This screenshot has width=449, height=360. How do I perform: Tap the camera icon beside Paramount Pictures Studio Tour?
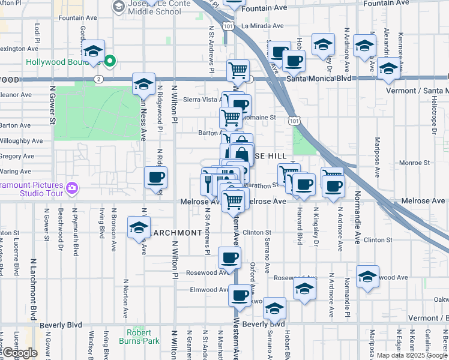tap(72, 188)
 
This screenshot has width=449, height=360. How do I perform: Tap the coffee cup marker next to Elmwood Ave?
tap(240, 296)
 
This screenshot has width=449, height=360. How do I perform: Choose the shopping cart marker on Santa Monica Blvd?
tap(238, 71)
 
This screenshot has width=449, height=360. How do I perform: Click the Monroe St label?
tap(411, 163)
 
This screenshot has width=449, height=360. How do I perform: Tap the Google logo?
tap(20, 353)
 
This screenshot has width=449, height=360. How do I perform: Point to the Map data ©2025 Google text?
tap(411, 355)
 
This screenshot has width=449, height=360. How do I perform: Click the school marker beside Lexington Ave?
tap(93, 52)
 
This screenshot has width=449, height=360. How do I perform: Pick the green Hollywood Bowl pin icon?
tap(110, 61)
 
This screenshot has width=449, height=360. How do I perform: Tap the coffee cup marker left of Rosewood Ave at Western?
tap(228, 259)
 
